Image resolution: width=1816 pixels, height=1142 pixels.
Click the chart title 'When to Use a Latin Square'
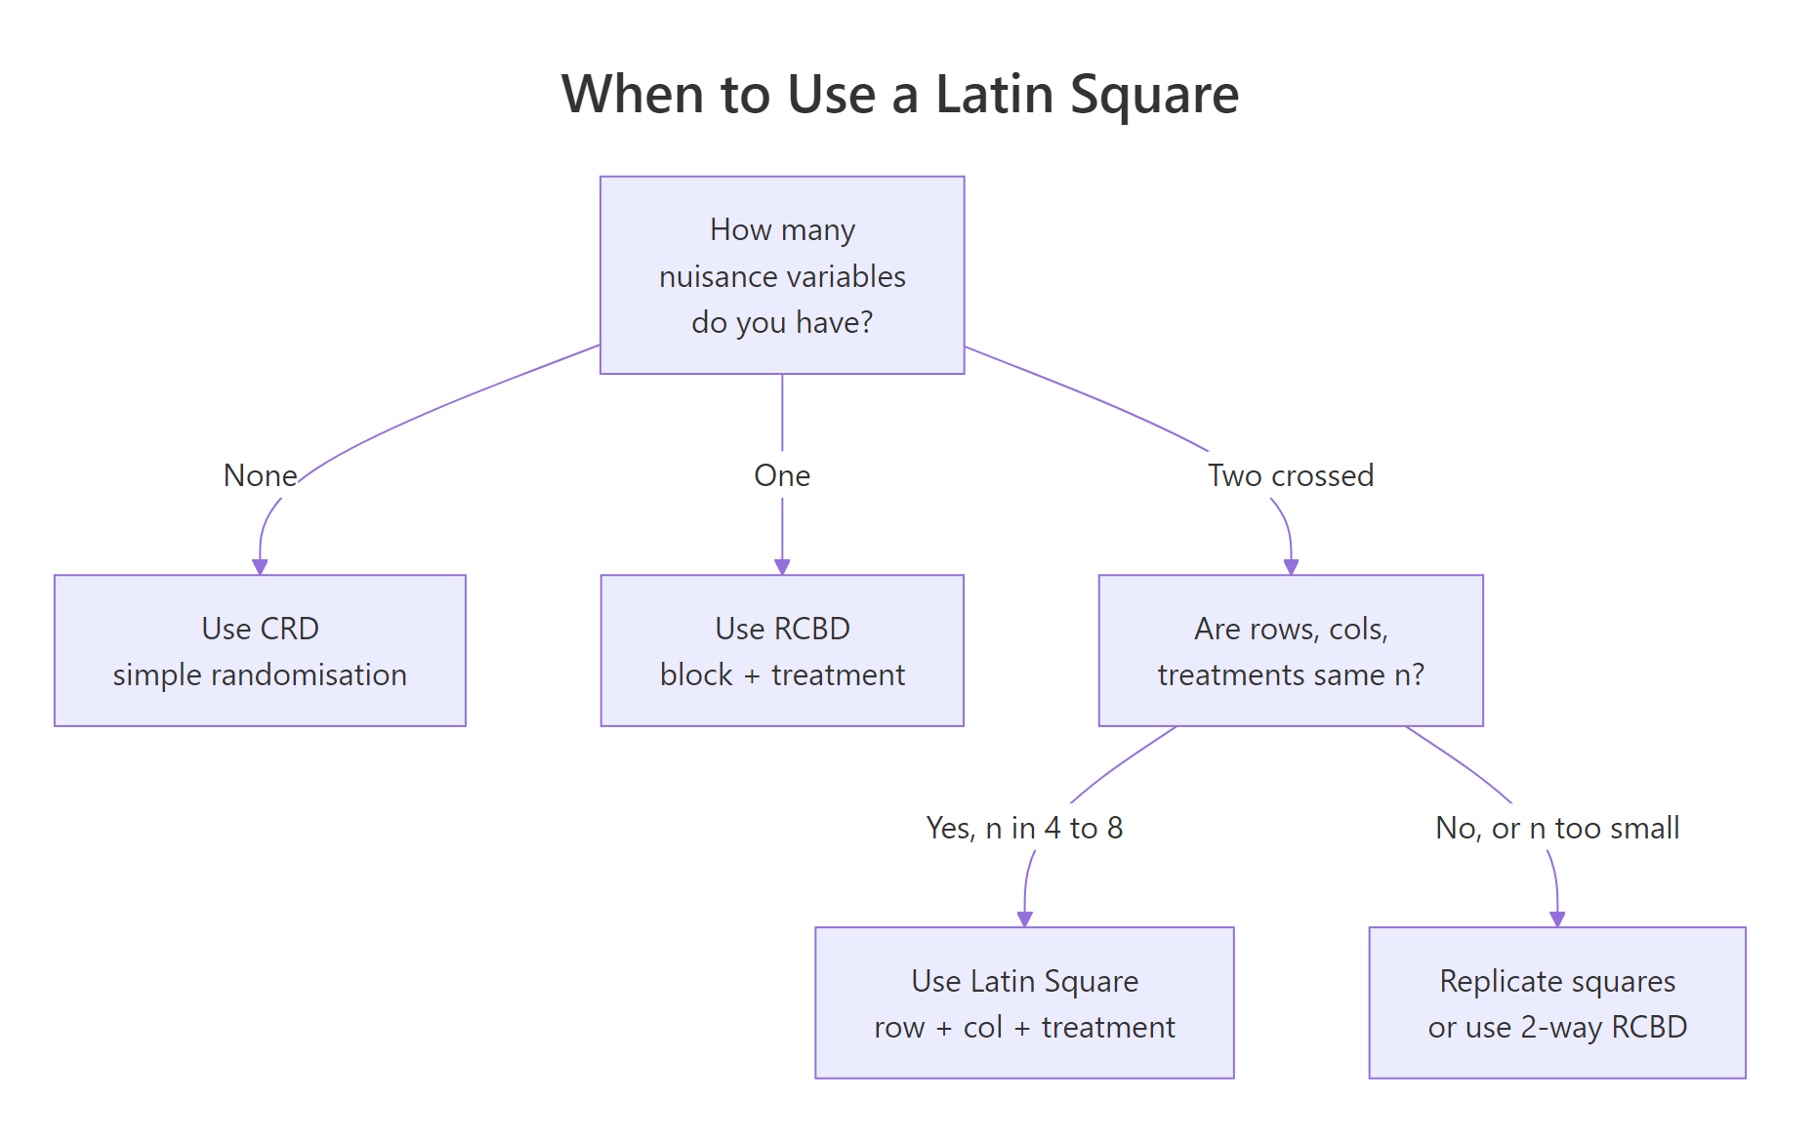pos(899,95)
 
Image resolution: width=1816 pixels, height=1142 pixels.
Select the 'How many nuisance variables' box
pos(782,275)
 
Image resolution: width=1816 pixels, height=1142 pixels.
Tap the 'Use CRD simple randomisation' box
pos(260,650)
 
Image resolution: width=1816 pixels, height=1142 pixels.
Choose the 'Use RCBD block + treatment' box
pos(782,650)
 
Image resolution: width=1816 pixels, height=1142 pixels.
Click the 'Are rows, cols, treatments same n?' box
pos(1291,650)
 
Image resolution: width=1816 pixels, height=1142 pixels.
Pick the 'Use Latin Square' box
pos(1024,1002)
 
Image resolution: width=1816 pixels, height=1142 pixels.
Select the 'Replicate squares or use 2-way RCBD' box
pos(1557,1002)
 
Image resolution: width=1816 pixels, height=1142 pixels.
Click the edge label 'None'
pos(260,475)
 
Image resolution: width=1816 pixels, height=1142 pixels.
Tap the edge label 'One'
pos(782,475)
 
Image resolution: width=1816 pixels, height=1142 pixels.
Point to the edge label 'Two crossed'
pos(1291,475)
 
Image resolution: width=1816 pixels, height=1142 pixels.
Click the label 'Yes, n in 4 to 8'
pos(1024,828)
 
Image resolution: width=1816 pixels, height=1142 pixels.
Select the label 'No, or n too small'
pos(1557,828)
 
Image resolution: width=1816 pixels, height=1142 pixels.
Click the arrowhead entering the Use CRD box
pos(260,567)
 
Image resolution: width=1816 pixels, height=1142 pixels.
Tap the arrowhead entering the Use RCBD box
pos(782,567)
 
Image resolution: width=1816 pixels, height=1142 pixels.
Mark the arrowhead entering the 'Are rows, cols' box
pos(1291,567)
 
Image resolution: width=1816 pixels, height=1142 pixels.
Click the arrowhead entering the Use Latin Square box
pos(1024,919)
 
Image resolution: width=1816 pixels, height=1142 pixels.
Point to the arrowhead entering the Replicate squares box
pos(1557,919)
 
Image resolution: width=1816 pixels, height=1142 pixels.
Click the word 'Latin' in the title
pos(994,95)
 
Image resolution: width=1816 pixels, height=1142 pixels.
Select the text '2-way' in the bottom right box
pos(1562,1027)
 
